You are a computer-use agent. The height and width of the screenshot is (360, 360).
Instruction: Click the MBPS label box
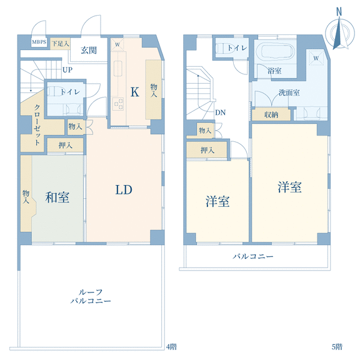[39, 42]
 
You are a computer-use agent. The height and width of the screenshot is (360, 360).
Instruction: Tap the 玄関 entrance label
[89, 50]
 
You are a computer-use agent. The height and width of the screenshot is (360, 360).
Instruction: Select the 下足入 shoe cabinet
[60, 44]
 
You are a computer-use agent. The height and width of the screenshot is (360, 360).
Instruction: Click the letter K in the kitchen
[134, 92]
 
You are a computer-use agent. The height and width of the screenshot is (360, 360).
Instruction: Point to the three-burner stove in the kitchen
[117, 104]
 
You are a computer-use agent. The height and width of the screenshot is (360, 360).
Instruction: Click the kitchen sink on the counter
[118, 68]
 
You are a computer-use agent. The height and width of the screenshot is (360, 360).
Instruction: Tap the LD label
[124, 190]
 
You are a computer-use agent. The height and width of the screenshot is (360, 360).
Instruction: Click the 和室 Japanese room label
[57, 197]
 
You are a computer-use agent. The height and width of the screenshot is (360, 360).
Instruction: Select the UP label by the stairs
[67, 70]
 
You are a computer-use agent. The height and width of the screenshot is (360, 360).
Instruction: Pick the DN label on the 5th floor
[220, 112]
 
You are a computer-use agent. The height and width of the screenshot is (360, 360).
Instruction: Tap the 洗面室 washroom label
[289, 92]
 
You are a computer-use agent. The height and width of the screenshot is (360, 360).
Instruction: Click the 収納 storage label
[271, 114]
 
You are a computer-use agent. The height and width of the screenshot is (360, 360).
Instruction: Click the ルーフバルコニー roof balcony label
[91, 296]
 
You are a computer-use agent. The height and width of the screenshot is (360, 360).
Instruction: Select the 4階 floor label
[171, 347]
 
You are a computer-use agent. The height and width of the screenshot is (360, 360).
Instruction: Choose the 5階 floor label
[337, 347]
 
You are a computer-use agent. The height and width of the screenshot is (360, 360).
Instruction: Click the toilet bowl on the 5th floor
[221, 48]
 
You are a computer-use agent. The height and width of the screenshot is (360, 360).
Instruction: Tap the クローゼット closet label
[37, 124]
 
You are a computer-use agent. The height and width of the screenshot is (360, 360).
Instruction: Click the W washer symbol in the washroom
[316, 58]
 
